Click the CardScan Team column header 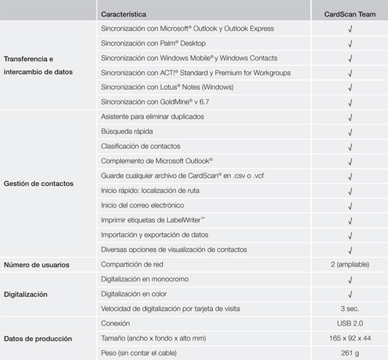[x=349, y=14]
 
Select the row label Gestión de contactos [x=39, y=184]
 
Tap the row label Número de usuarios [x=37, y=265]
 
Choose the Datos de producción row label [x=38, y=338]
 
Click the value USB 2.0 [x=349, y=323]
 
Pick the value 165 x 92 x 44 [x=349, y=338]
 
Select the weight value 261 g [x=349, y=353]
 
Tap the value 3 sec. [x=349, y=309]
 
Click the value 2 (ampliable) [x=349, y=265]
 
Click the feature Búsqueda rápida [x=130, y=131]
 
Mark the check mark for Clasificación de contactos [x=349, y=147]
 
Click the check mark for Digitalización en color [x=349, y=294]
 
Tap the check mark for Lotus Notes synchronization [x=349, y=88]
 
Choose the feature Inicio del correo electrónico [x=142, y=205]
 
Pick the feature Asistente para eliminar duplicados [x=153, y=117]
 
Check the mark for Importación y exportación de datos [x=349, y=235]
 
